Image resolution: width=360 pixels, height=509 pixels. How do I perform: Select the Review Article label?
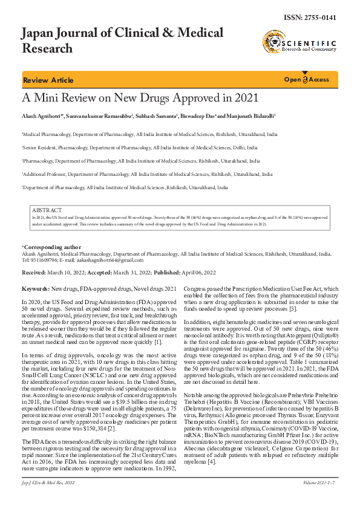(x=48, y=80)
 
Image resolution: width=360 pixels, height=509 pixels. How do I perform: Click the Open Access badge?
(x=307, y=80)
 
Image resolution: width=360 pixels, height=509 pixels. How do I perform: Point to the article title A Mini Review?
(x=140, y=98)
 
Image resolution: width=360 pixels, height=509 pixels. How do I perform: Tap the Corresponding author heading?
(x=51, y=247)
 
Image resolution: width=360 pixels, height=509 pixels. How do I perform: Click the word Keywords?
(x=35, y=290)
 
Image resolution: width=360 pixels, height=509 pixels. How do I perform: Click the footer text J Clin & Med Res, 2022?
(x=51, y=499)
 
